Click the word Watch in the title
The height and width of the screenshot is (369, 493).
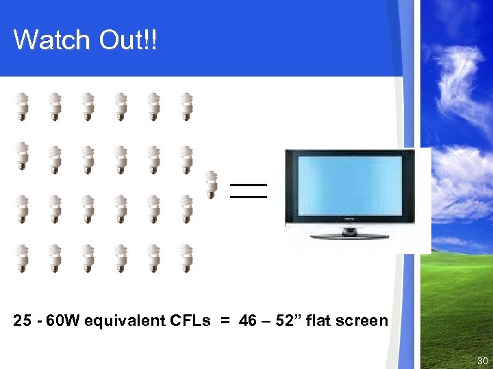coord(52,40)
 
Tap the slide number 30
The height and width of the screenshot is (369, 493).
coord(483,361)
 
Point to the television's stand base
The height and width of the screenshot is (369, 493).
coord(349,236)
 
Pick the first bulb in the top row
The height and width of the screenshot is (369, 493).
coord(22,107)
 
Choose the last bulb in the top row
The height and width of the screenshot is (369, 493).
coord(186,107)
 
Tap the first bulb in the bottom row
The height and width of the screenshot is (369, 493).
coord(22,258)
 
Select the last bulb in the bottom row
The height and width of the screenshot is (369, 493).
coord(186,258)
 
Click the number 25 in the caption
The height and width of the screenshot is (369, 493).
coord(22,321)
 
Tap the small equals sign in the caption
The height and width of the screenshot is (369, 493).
coord(225,321)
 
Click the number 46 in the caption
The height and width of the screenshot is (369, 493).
coord(248,321)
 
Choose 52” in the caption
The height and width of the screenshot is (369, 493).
coord(287,321)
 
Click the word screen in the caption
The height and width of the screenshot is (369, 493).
coord(362,321)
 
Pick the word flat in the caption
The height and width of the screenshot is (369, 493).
coord(320,321)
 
